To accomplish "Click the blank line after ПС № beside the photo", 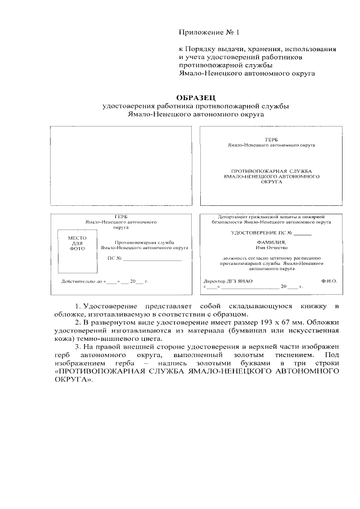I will [x=152, y=260].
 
